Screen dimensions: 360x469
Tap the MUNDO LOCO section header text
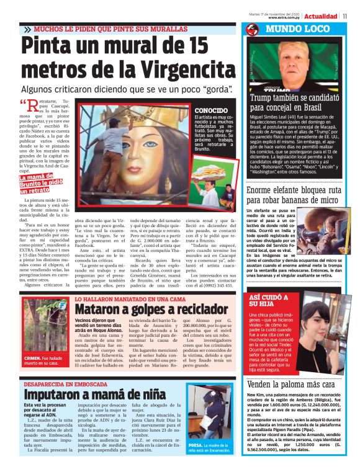(x=295, y=29)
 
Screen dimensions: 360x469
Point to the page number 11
(x=353, y=16)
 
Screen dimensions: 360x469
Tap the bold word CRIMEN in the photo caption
(x=34, y=358)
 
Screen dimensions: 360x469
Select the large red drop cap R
(x=32, y=108)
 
